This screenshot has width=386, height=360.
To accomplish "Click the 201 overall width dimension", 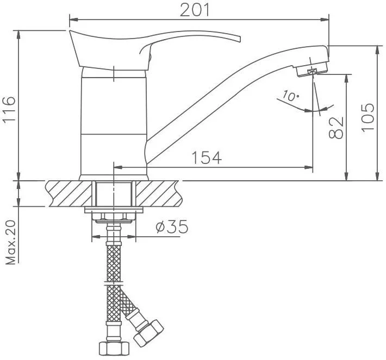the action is coord(195,10).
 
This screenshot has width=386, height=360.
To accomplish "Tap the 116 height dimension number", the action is coord(9,109).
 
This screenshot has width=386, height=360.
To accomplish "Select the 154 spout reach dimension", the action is coord(206,157).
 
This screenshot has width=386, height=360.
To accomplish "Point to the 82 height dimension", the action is coord(336,128).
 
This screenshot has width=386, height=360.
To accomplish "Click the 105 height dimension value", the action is coord(368,118).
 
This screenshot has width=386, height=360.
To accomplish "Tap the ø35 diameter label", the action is coord(172,226).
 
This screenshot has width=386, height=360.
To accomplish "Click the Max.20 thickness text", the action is coord(10,243).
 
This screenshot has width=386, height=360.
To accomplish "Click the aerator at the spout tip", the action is coord(312,70).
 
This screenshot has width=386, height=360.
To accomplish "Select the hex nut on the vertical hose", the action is coord(114,348).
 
